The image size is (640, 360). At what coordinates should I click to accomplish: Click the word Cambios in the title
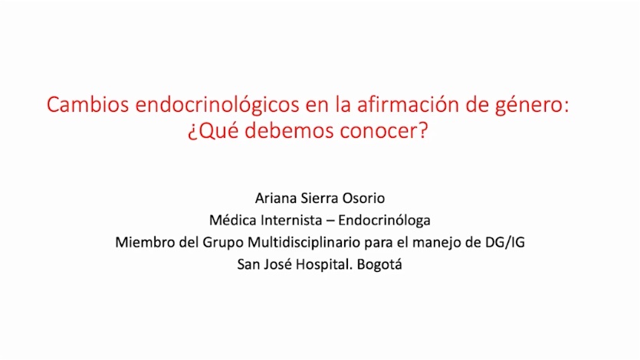(x=87, y=104)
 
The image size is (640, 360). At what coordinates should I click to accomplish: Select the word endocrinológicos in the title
(x=217, y=106)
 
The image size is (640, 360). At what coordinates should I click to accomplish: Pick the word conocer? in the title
(x=384, y=131)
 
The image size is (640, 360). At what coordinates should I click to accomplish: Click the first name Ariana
(x=275, y=198)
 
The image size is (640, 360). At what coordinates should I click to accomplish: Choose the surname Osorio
(x=363, y=198)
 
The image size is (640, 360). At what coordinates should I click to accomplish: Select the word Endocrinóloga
(x=384, y=221)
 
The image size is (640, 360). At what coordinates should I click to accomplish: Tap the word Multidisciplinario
(x=304, y=243)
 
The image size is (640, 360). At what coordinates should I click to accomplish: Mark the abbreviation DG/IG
(x=505, y=242)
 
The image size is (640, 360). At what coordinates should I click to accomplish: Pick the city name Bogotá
(x=379, y=265)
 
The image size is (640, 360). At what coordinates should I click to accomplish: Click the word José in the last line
(x=278, y=264)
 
